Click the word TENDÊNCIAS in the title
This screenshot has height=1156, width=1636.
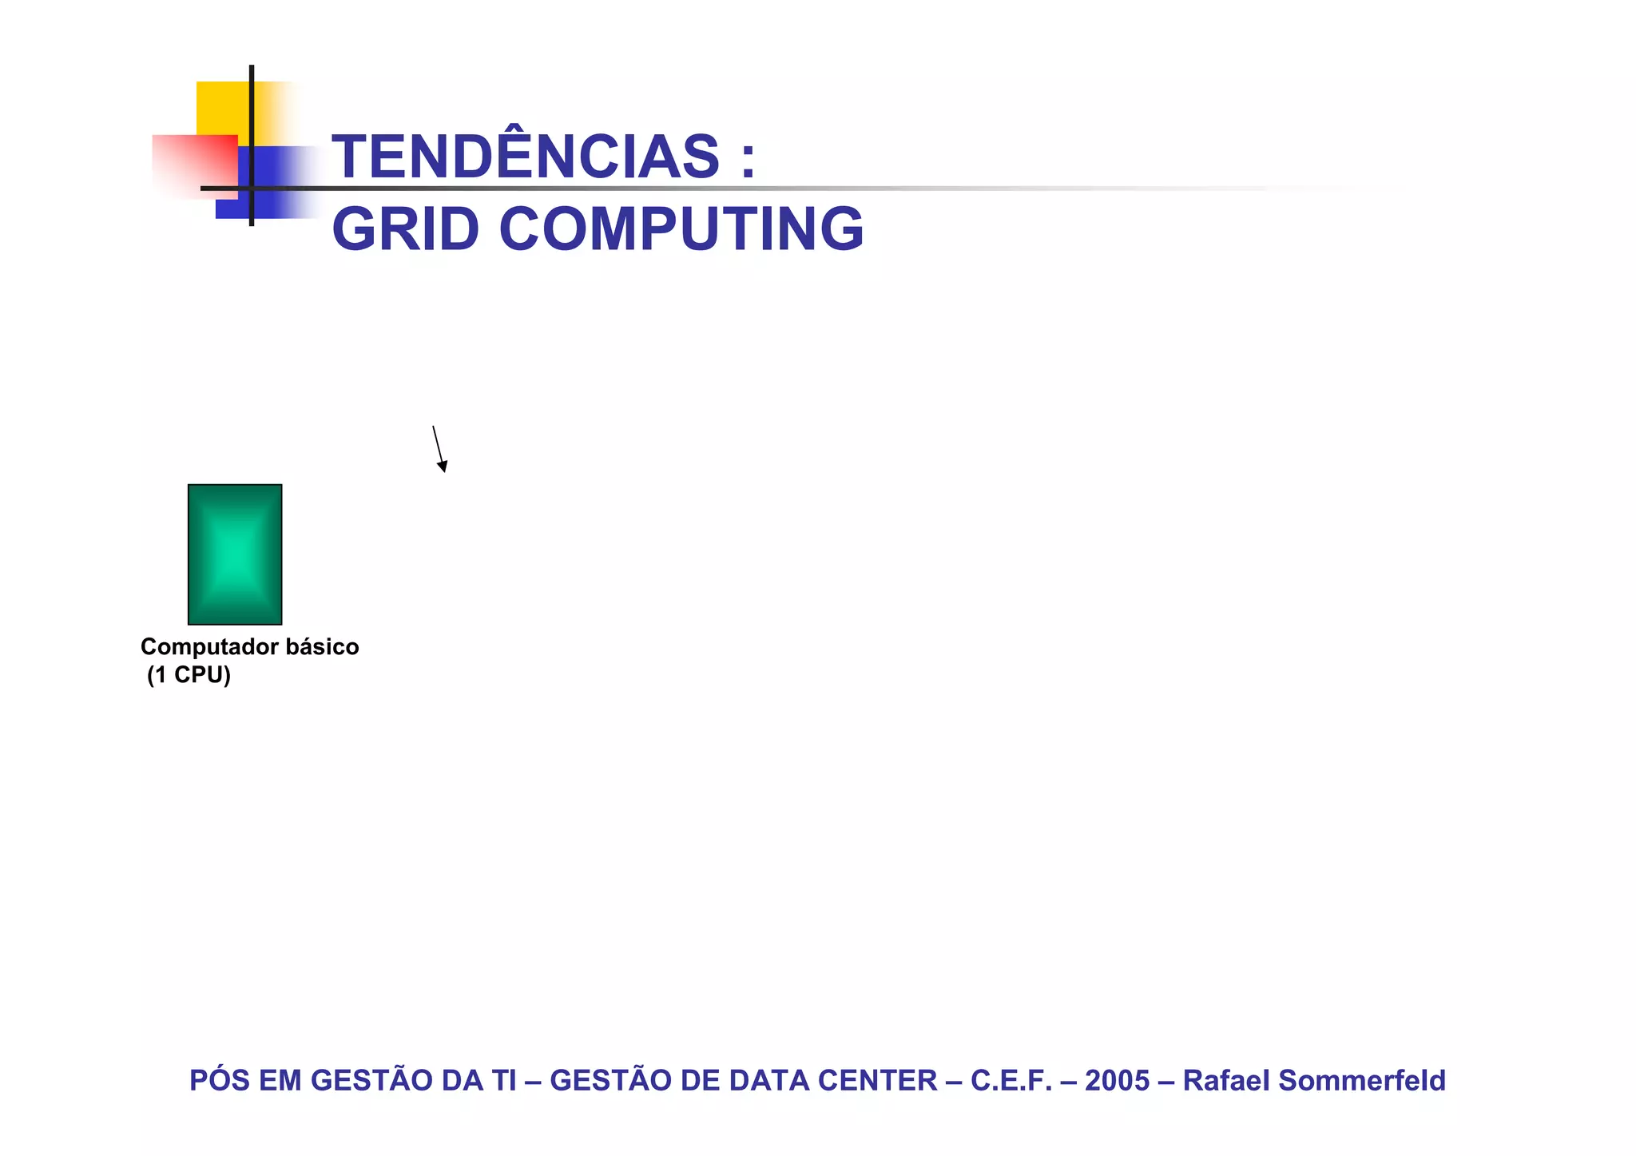(x=526, y=157)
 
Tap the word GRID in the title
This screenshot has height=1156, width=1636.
(x=405, y=229)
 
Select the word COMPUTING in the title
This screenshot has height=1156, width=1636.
(x=681, y=229)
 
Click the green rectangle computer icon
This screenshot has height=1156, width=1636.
(x=235, y=554)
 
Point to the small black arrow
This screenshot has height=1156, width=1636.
(x=439, y=450)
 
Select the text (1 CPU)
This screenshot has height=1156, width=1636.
(x=189, y=675)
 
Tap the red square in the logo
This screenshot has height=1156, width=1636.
(x=194, y=164)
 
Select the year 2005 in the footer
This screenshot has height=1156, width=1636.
(x=1117, y=1080)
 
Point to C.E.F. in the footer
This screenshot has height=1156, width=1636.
(x=1011, y=1080)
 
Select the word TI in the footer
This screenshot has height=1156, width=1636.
(x=504, y=1080)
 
